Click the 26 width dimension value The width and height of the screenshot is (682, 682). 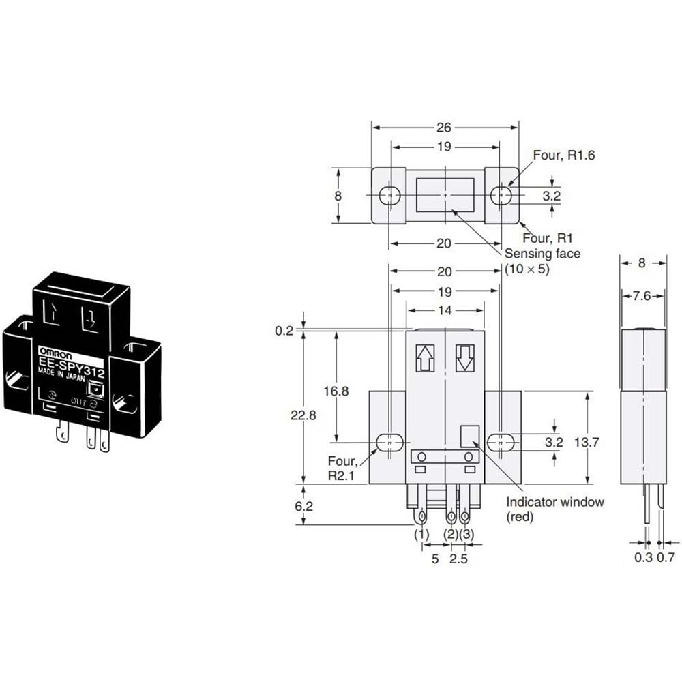[x=444, y=128]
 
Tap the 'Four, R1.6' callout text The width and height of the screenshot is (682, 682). [x=564, y=155]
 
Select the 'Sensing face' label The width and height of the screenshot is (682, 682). [x=542, y=254]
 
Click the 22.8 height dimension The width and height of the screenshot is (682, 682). [x=303, y=415]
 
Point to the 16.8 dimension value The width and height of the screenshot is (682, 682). [x=336, y=391]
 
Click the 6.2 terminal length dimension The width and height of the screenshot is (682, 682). [x=303, y=506]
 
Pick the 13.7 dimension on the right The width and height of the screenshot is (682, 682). [x=587, y=443]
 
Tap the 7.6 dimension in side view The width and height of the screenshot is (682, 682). [x=642, y=296]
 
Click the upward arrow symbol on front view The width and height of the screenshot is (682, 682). [x=425, y=358]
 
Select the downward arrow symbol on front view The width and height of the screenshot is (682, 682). [x=464, y=358]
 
